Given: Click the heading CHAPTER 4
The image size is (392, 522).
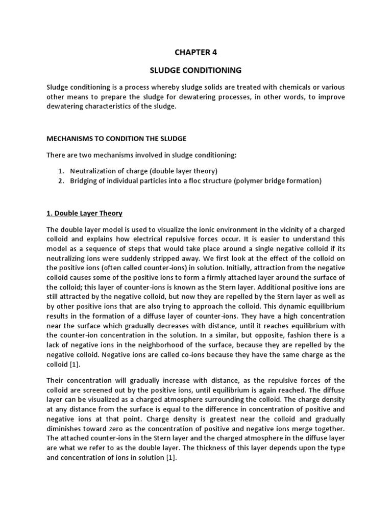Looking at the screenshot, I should coord(195,51).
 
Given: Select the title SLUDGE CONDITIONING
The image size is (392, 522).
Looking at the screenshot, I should coord(195,70).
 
